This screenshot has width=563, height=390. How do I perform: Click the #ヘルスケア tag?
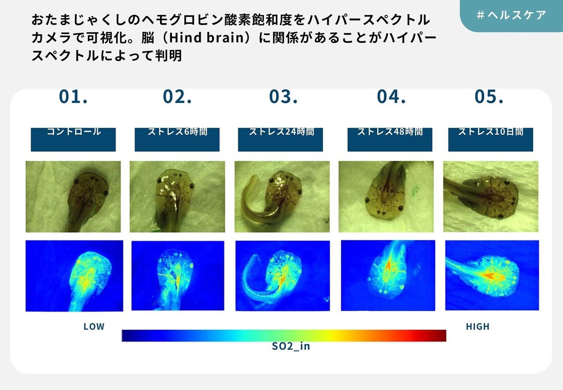click(512, 15)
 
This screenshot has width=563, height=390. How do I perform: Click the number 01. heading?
click(73, 96)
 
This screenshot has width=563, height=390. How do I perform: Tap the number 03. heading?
click(283, 96)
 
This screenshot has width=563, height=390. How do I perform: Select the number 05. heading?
click(489, 96)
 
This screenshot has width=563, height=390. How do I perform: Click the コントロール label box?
click(73, 140)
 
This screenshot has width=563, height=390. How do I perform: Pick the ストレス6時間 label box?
click(177, 140)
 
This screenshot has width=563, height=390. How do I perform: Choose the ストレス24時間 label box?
click(280, 140)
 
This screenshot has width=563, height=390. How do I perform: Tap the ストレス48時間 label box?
click(390, 140)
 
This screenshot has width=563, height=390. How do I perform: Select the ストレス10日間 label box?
click(490, 140)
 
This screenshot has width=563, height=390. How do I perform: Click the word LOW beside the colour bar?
click(94, 327)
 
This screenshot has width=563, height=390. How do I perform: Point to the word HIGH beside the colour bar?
click(478, 327)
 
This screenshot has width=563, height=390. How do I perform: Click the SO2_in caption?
click(291, 346)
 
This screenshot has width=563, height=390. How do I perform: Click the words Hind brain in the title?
click(207, 38)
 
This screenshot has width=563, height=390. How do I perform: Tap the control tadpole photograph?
click(73, 196)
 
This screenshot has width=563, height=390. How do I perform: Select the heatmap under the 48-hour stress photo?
click(388, 276)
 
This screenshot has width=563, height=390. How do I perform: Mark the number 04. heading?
click(391, 96)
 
